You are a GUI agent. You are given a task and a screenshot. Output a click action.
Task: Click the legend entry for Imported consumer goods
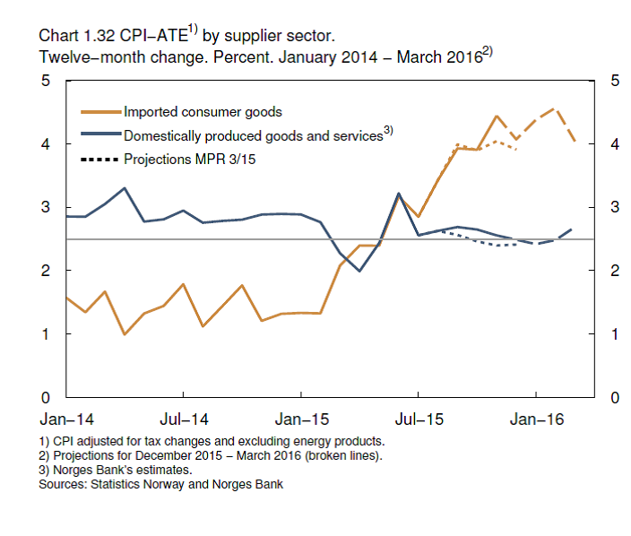click(x=203, y=112)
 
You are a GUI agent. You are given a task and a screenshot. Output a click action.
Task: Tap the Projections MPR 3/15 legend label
click(x=185, y=160)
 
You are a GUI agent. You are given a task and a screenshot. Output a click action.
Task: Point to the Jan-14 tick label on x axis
click(x=65, y=419)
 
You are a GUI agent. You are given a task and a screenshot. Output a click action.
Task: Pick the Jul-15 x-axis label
click(x=419, y=419)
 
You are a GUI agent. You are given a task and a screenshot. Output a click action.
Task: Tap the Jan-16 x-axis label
click(x=536, y=419)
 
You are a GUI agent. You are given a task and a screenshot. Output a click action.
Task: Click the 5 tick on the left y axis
click(x=44, y=81)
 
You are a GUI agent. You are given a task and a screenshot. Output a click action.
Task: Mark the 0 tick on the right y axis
click(x=615, y=397)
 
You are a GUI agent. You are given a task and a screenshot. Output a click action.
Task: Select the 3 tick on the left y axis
click(x=44, y=207)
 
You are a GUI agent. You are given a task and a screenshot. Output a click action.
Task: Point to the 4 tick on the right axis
click(x=615, y=143)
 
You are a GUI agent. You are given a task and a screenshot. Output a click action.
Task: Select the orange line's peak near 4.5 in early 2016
click(x=556, y=109)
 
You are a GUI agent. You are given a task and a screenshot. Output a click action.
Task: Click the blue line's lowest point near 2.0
click(x=359, y=271)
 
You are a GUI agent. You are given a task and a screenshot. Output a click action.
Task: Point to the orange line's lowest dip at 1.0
click(x=125, y=334)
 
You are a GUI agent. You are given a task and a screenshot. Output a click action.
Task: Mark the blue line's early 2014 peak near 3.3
click(x=125, y=188)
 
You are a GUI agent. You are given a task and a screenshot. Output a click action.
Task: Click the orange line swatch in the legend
click(x=99, y=112)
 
